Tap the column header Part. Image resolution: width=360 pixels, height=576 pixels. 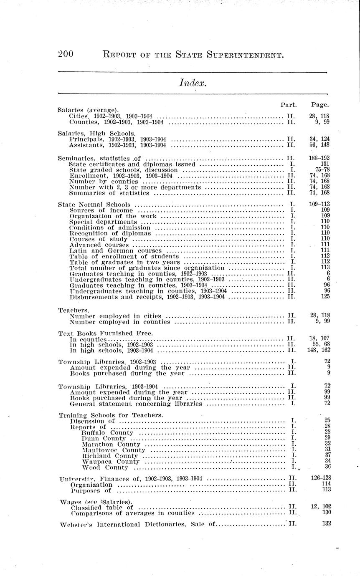pyautogui.click(x=288, y=104)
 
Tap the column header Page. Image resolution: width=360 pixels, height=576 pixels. pyautogui.click(x=319, y=104)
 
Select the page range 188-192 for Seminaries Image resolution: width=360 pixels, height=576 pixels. pyautogui.click(x=319, y=159)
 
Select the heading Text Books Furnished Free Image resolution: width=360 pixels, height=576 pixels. pyautogui.click(x=105, y=333)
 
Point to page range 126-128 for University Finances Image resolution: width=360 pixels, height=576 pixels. pyautogui.click(x=321, y=477)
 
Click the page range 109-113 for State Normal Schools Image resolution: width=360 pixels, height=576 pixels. pyautogui.click(x=319, y=205)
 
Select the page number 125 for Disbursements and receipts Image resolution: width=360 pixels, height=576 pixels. pyautogui.click(x=325, y=296)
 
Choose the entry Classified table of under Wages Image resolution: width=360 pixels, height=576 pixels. pyautogui.click(x=102, y=507)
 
